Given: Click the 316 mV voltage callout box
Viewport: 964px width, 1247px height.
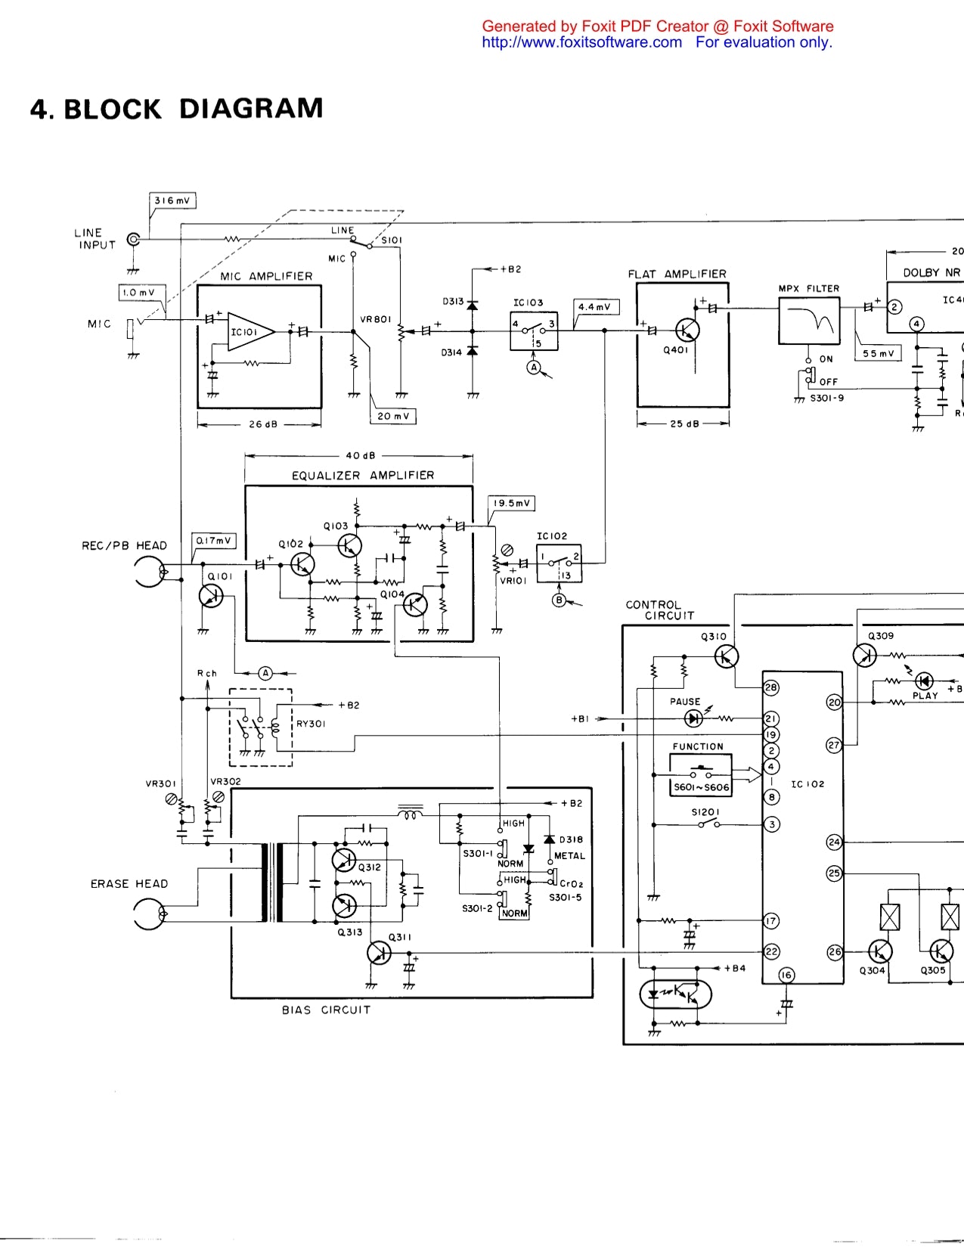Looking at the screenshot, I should coord(172,201).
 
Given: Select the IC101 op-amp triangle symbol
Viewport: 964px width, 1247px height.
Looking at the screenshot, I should coord(250,331).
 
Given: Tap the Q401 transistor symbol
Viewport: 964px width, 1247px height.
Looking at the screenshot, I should coord(687,330).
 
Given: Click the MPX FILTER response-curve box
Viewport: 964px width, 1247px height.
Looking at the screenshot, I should coord(809,321).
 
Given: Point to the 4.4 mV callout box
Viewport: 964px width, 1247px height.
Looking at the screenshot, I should coord(596,307).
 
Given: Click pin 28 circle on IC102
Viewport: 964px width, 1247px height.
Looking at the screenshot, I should coord(770,687).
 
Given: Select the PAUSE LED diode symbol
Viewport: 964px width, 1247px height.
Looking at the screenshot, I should coord(693,718).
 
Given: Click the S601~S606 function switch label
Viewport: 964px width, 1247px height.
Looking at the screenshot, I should coord(701,787).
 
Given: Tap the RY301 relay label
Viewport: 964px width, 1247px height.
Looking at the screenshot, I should coord(311,724).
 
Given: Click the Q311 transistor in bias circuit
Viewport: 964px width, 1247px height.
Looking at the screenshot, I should coord(379,953).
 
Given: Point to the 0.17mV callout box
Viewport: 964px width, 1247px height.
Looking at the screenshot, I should coord(213,541).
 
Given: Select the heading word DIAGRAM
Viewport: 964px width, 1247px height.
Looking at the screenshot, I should coord(251,108).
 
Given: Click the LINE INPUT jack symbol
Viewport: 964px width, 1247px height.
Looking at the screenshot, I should coord(134,240).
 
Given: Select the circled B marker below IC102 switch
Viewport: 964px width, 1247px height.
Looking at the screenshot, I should coord(559,600).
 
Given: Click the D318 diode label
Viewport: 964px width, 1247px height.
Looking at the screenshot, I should coord(571,839).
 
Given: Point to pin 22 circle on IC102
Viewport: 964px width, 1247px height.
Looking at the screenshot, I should coord(771,952).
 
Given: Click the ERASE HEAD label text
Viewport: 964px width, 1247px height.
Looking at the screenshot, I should coord(129,883).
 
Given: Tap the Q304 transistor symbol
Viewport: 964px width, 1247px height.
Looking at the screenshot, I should coord(879,952).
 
